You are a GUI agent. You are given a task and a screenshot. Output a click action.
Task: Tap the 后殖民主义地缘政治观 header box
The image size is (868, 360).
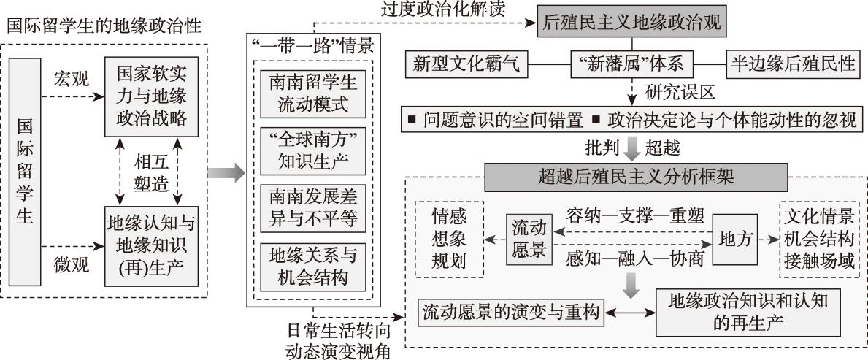(x=631, y=25)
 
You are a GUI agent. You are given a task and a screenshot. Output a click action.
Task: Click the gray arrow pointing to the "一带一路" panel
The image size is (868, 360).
(x=223, y=173)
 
